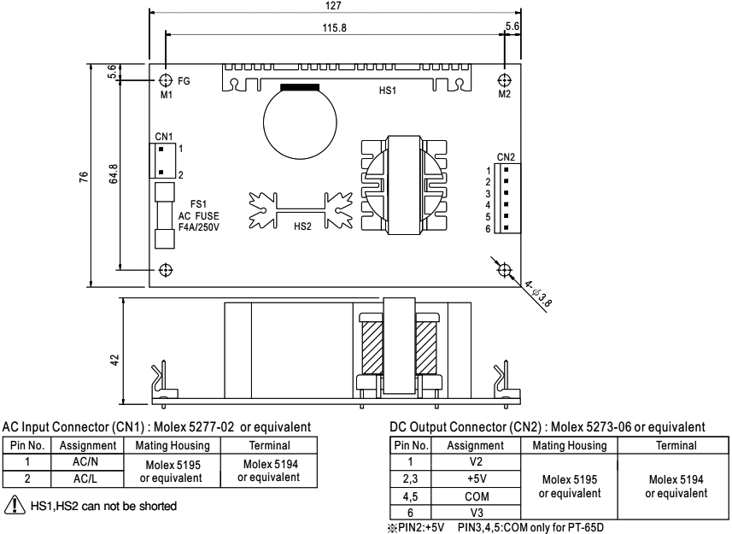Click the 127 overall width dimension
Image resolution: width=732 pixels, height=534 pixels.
pyautogui.click(x=333, y=6)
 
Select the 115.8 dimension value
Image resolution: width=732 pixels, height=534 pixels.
pyautogui.click(x=334, y=28)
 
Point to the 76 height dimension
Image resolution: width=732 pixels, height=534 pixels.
pyautogui.click(x=84, y=177)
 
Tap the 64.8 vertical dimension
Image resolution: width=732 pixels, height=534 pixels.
pyautogui.click(x=114, y=173)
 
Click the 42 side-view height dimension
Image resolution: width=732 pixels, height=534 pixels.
pyautogui.click(x=114, y=360)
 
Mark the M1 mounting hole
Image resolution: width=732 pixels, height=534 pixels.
pyautogui.click(x=166, y=81)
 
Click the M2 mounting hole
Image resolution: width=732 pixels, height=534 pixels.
pyautogui.click(x=504, y=81)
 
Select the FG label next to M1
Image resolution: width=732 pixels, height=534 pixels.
pyautogui.click(x=184, y=81)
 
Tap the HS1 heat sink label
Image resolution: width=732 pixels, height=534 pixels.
pyautogui.click(x=388, y=91)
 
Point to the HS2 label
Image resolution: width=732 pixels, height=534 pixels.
pyautogui.click(x=302, y=226)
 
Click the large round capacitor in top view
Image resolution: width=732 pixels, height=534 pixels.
pyautogui.click(x=300, y=122)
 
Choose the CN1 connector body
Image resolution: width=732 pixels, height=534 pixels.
pyautogui.click(x=162, y=161)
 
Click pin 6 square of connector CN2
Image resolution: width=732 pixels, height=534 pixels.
pyautogui.click(x=506, y=228)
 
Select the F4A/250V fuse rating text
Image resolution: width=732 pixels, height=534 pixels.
pyautogui.click(x=199, y=227)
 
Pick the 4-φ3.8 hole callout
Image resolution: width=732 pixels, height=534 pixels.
pyautogui.click(x=538, y=294)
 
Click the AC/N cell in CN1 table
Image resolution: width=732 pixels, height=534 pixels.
pyautogui.click(x=86, y=461)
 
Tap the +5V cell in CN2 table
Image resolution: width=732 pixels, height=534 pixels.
pyautogui.click(x=476, y=479)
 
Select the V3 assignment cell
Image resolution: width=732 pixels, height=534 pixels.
pyautogui.click(x=476, y=513)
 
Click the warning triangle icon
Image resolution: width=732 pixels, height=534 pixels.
pyautogui.click(x=15, y=505)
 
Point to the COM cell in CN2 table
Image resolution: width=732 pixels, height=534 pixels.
pyautogui.click(x=476, y=496)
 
